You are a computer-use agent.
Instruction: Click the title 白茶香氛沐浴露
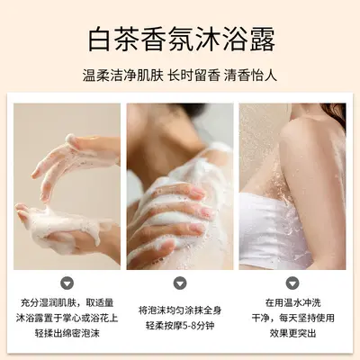click(181, 40)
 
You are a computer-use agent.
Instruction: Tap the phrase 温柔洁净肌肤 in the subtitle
click(123, 76)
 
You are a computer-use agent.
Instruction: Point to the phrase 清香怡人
click(250, 76)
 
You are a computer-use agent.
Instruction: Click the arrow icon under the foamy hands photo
click(67, 283)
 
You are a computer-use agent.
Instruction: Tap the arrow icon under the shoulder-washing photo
click(180, 283)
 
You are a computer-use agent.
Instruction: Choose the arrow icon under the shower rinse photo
click(292, 283)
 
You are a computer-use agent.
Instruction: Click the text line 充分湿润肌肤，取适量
click(67, 302)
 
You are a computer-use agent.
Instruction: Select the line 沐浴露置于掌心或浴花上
click(67, 318)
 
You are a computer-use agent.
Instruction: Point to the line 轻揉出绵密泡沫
click(67, 333)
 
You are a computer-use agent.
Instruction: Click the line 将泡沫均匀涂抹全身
click(180, 310)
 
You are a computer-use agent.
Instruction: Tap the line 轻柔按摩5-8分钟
click(180, 326)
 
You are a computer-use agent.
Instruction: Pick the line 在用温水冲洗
click(292, 302)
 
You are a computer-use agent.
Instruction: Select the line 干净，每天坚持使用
click(292, 318)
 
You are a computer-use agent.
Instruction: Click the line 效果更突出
click(292, 333)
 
